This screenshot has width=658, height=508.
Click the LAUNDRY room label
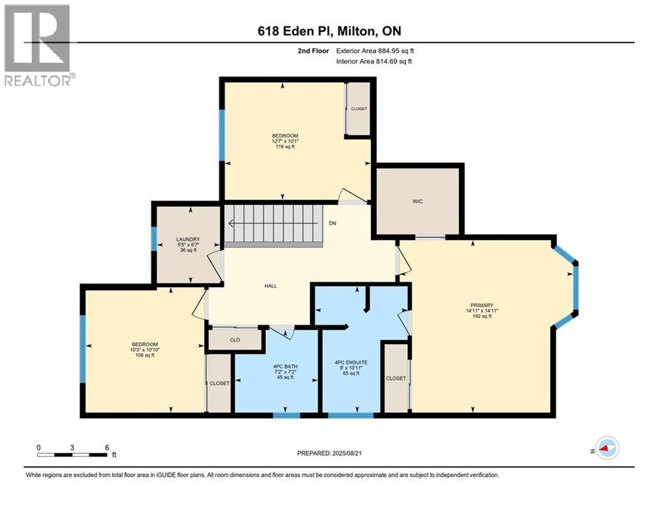(188, 239)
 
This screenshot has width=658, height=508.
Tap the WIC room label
(417, 200)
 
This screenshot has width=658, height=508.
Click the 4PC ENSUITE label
(350, 362)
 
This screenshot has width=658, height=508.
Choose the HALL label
(270, 286)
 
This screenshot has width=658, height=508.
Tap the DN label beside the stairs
(333, 224)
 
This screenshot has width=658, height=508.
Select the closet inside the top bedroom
(359, 108)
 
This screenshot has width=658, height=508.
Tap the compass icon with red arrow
(606, 448)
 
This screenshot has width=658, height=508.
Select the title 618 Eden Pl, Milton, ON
(329, 31)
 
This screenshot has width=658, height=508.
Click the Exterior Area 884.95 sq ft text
(375, 50)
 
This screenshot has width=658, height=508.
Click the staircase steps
(271, 224)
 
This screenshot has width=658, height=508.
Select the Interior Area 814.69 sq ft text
(374, 62)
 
